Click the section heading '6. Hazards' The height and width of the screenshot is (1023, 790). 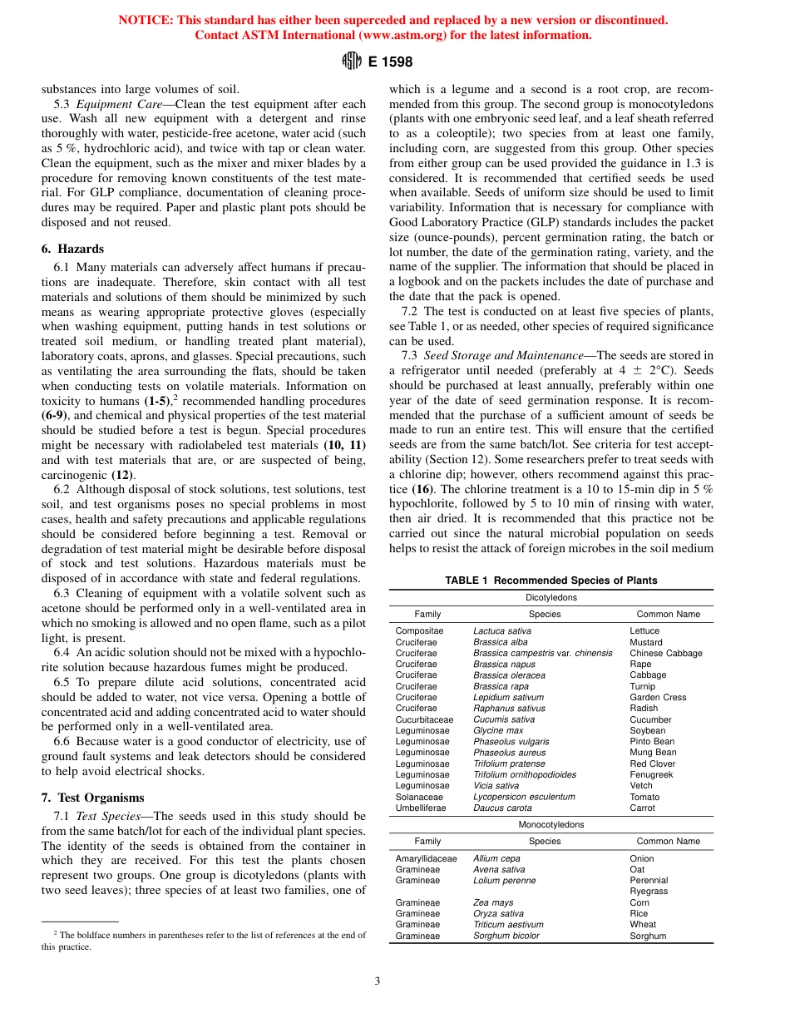(x=72, y=249)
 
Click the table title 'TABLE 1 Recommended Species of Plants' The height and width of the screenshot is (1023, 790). (x=551, y=581)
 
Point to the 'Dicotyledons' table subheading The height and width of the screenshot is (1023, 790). (x=551, y=597)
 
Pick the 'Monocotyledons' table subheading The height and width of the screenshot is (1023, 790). (x=551, y=824)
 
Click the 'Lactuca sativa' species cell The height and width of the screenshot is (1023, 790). (x=501, y=631)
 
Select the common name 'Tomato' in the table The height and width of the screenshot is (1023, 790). (x=644, y=797)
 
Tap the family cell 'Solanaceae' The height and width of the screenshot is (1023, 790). (x=419, y=797)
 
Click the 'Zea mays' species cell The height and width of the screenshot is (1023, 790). (x=493, y=902)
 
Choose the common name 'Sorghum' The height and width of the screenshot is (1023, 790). (x=648, y=936)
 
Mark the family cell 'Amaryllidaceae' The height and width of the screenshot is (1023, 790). (x=426, y=858)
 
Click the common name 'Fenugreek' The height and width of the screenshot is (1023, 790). (x=651, y=774)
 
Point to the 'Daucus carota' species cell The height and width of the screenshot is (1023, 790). (x=501, y=808)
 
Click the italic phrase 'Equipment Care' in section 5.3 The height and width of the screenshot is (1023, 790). (x=117, y=104)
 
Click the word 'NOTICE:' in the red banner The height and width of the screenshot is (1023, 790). (x=141, y=20)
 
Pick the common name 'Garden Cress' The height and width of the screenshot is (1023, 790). (x=658, y=697)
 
